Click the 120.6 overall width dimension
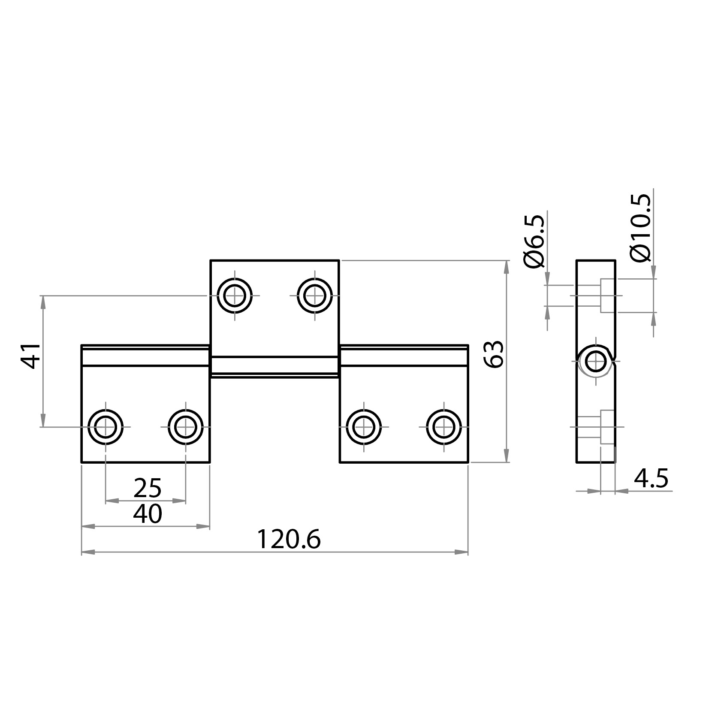(288, 540)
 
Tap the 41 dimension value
(31, 356)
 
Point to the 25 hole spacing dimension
(147, 488)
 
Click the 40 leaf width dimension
(147, 514)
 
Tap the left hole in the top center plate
(235, 296)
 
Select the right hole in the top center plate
(315, 296)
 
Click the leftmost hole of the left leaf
(106, 427)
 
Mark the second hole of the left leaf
(186, 427)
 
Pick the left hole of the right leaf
(364, 427)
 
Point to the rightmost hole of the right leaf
(444, 427)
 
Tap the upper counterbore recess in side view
(608, 296)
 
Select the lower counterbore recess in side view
(608, 427)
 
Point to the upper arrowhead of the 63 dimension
(507, 267)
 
